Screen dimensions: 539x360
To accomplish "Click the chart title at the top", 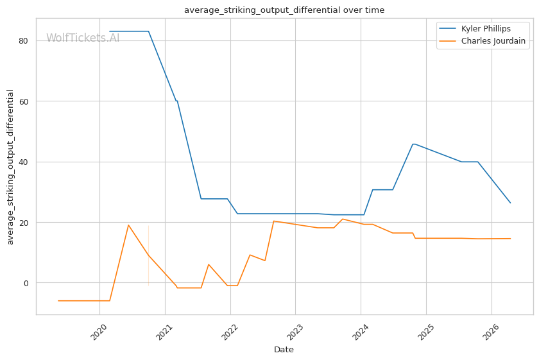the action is click(284, 10).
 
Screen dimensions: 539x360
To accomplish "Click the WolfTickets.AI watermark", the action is click(83, 38).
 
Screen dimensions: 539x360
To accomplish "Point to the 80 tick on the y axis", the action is click(23, 41).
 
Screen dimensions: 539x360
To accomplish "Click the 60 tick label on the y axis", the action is click(23, 101).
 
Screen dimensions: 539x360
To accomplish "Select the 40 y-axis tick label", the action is click(23, 162).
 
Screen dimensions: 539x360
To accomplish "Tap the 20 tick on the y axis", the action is click(23, 223).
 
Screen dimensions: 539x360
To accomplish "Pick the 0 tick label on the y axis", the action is click(26, 284).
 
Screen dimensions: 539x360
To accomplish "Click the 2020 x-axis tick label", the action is click(98, 332).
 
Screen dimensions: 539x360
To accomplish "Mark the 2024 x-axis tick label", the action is click(359, 332).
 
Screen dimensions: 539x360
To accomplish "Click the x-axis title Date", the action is click(284, 350).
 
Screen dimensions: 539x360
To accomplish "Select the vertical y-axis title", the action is click(10, 167).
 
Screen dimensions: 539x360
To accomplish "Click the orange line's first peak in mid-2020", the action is click(128, 225).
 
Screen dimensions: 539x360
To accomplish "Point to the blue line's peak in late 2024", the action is click(413, 144).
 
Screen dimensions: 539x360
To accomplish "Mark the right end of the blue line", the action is click(511, 203).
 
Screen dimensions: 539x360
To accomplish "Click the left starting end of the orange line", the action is click(58, 301).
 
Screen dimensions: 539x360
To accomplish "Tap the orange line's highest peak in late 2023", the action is click(343, 219).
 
